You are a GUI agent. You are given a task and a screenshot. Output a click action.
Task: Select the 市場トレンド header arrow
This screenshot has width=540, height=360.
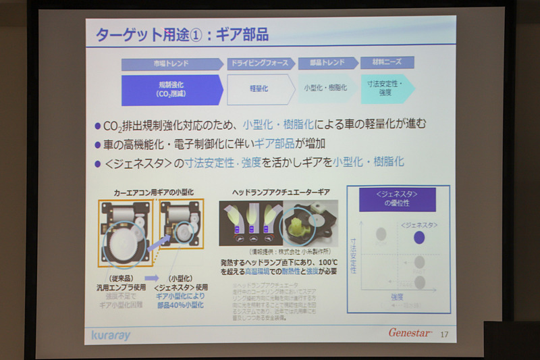pyautogui.click(x=171, y=64)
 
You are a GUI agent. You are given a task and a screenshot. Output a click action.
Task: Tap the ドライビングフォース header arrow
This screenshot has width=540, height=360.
pyautogui.click(x=260, y=64)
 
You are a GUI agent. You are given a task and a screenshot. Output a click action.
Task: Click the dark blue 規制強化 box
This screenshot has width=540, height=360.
pyautogui.click(x=170, y=90)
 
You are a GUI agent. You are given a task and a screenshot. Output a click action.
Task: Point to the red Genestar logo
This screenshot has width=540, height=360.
pyautogui.click(x=409, y=332)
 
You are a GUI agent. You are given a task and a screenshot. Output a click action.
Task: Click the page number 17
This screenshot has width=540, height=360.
pyautogui.click(x=443, y=334)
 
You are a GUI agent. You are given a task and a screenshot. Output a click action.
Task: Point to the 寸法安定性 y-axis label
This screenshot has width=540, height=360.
pyautogui.click(x=353, y=255)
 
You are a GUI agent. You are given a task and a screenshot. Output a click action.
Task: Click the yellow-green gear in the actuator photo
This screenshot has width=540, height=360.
pyautogui.click(x=298, y=224)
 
